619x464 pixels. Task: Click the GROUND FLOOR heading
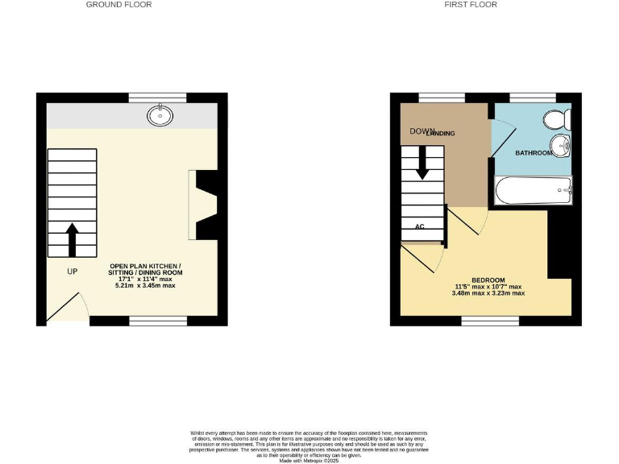point(118,5)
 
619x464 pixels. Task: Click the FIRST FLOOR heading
point(472,5)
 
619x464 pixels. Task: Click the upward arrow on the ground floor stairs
point(71,239)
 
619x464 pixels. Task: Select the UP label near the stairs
point(72,271)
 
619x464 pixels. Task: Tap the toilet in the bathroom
point(555,120)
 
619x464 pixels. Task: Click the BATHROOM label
point(533,153)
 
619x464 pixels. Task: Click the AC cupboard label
point(419,226)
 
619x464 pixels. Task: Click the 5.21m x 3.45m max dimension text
point(146,286)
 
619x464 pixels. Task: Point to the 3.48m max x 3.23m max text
point(489,293)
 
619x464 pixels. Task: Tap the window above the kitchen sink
point(168,97)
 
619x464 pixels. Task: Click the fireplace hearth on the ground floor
point(193,205)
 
